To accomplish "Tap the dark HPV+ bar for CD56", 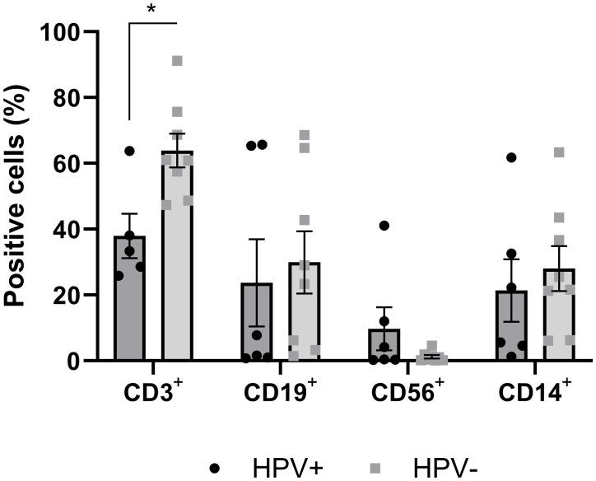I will [384, 346].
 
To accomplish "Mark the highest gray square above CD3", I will [177, 60].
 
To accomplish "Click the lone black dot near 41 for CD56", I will [384, 226].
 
